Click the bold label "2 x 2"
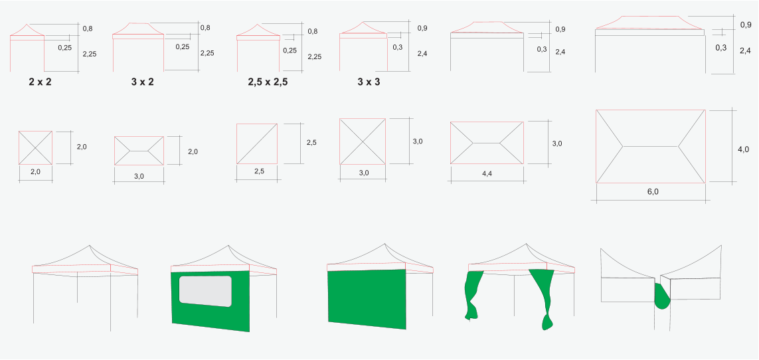pos(41,82)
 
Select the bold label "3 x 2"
pos(142,82)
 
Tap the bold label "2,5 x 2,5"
pos(268,82)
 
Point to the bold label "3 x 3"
pos(369,82)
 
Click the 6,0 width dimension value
pos(653,191)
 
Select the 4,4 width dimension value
pos(487,173)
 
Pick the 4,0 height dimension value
pos(743,149)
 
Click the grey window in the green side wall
pos(205,291)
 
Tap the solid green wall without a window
pos(367,300)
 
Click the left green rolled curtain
pos(473,295)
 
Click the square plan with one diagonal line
pos(257,143)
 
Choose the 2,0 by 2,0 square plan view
pos(35,147)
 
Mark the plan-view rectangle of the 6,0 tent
pos(651,147)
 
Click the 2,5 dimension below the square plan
pos(259,171)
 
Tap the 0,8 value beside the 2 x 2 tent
pos(88,29)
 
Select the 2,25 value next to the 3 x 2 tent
pos(207,53)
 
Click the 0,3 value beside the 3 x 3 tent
pos(397,47)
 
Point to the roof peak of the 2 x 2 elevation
pos(27,24)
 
